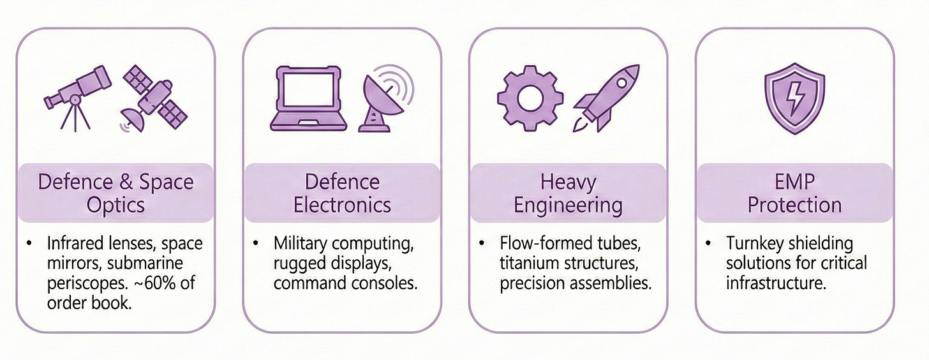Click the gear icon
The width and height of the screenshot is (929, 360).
529,98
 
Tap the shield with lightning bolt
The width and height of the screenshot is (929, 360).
793,98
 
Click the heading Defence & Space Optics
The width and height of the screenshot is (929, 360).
115,193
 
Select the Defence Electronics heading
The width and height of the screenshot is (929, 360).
341,193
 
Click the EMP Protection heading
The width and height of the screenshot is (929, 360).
794,193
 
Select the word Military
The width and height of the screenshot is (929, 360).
302,243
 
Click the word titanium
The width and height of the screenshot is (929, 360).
530,263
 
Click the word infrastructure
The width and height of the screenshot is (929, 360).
776,283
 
